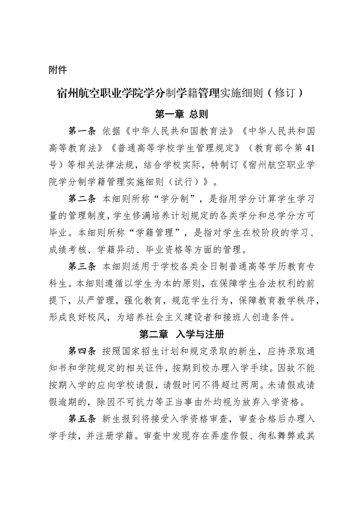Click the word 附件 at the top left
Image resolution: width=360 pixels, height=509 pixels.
pyautogui.click(x=58, y=70)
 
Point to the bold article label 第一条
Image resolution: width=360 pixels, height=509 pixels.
pyautogui.click(x=82, y=132)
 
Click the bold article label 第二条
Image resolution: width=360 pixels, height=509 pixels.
pyautogui.click(x=82, y=199)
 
